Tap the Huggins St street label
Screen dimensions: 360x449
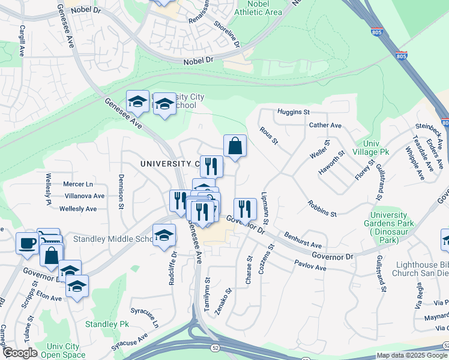point(293,112)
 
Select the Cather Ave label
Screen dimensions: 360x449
point(325,125)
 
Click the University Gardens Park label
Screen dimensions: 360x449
point(393,227)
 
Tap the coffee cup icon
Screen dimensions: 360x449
point(26,243)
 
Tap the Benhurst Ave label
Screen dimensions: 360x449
point(303,241)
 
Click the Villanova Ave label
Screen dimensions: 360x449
point(83,196)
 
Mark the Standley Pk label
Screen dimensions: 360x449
point(107,324)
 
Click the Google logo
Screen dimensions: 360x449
point(20,353)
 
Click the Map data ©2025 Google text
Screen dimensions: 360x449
point(411,355)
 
